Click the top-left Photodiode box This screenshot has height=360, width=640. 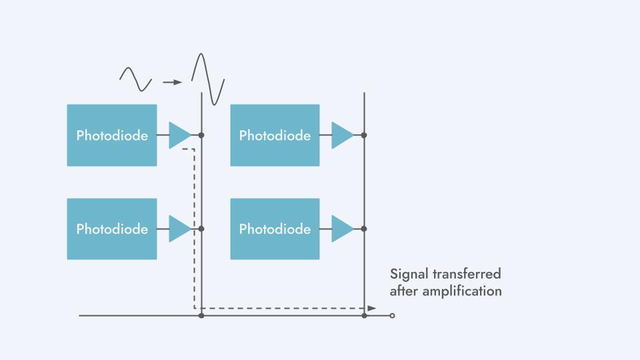(x=112, y=135)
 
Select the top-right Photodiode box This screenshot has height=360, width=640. (x=275, y=135)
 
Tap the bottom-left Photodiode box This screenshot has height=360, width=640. (x=112, y=229)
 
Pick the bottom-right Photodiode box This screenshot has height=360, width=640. (x=275, y=229)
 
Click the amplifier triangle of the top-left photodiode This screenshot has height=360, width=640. (x=179, y=135)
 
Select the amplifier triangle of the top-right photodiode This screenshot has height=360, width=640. (x=341, y=135)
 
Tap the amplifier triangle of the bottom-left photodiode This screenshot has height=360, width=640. (x=179, y=229)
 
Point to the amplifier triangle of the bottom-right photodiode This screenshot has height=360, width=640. (x=341, y=229)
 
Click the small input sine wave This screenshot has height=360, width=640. (x=135, y=79)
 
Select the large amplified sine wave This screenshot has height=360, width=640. (x=208, y=79)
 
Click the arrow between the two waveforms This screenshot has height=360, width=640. (x=172, y=83)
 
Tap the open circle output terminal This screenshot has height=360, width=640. (x=392, y=315)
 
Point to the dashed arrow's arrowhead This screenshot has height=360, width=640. (x=371, y=308)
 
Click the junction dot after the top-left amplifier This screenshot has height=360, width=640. (x=201, y=135)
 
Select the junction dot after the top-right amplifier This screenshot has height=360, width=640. (x=364, y=135)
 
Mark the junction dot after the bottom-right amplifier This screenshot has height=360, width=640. (x=364, y=229)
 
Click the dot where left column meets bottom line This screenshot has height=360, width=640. (x=201, y=315)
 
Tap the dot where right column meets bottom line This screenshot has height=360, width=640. (x=364, y=315)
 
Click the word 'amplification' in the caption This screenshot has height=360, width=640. (x=462, y=291)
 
